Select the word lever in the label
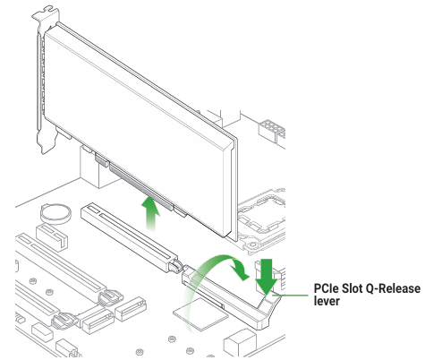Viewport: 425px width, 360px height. pos(327,301)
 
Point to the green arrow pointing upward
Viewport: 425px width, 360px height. pos(150,213)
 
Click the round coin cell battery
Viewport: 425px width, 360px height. pos(55,213)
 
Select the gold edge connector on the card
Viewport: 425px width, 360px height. pos(140,187)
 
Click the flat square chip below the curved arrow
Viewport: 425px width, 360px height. pos(200,314)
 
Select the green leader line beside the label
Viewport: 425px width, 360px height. pos(290,296)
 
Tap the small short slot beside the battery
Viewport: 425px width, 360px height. pos(52,236)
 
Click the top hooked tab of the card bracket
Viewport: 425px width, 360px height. pos(47,14)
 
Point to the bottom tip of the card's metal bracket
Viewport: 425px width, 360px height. pos(44,153)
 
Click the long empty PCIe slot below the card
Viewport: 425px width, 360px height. pos(129,236)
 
